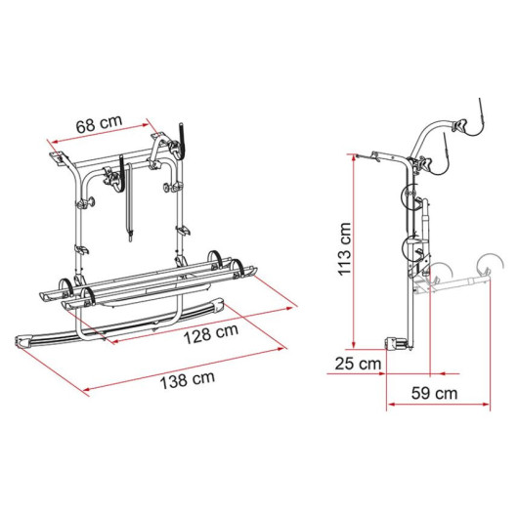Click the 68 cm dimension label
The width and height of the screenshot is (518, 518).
[99, 123]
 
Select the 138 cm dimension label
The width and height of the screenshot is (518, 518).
[188, 380]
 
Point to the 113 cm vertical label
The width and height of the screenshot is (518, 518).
[344, 249]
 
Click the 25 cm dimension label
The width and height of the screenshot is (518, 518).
[358, 364]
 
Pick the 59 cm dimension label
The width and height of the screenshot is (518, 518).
[434, 393]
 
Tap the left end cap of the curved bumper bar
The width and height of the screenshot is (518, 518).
[23, 340]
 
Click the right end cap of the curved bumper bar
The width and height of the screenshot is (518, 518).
[219, 305]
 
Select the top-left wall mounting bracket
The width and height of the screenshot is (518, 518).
[58, 158]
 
